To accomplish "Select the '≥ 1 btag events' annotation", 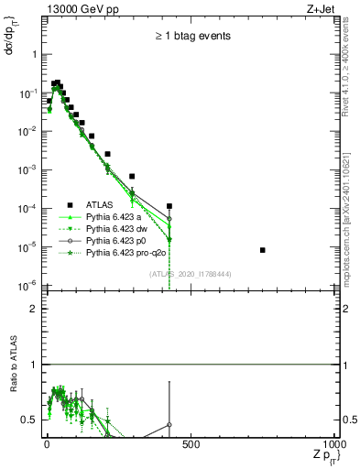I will (192, 37).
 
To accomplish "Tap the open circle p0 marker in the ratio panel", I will (169, 425).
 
